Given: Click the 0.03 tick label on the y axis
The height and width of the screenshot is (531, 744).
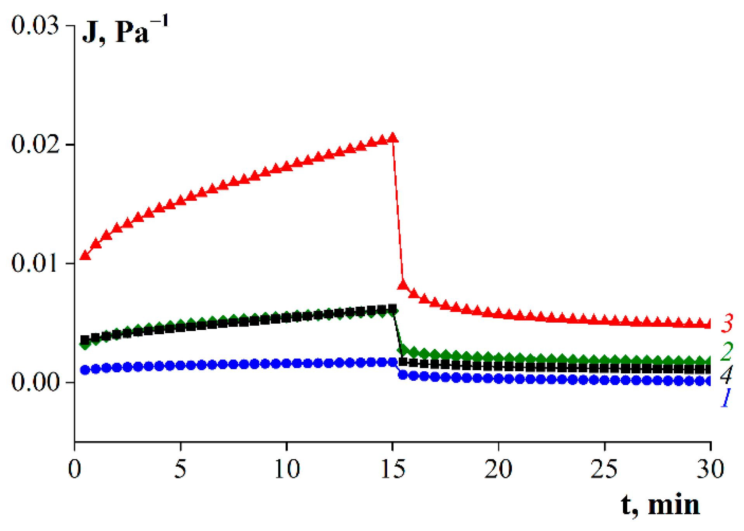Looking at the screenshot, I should pos(35,26).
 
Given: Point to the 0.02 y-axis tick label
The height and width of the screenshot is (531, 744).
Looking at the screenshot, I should pos(35,144).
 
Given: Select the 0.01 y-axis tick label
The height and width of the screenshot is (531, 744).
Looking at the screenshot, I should pos(35,263).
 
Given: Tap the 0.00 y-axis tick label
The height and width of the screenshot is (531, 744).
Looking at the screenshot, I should pos(35,382).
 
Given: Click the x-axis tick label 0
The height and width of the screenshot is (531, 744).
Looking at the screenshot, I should pos(74,469).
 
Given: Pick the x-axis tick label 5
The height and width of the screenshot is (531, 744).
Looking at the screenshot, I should pos(180,469).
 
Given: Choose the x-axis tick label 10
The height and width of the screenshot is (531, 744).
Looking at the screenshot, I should pos(287,469).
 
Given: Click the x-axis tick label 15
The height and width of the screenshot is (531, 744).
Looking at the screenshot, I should pos(393,469).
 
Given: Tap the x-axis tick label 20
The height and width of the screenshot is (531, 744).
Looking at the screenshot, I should pos(498,469).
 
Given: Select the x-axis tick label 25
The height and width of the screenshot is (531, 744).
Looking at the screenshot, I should pos(604,469).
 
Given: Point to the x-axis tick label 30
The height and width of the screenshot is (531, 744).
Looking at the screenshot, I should pos(710,469).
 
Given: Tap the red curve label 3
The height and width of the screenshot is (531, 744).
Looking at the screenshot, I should pos(727,323).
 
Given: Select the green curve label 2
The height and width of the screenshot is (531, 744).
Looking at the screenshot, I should pos(727,351).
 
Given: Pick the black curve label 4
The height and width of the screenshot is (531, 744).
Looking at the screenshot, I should pos(726,374).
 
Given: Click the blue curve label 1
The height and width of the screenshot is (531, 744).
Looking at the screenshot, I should pos(725,397).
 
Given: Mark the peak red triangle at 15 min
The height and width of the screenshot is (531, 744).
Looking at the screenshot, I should pos(393,138).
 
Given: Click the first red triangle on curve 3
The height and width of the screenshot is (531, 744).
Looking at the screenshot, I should pos(85,255).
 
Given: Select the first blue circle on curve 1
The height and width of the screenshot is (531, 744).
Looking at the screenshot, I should pos(85,370).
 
